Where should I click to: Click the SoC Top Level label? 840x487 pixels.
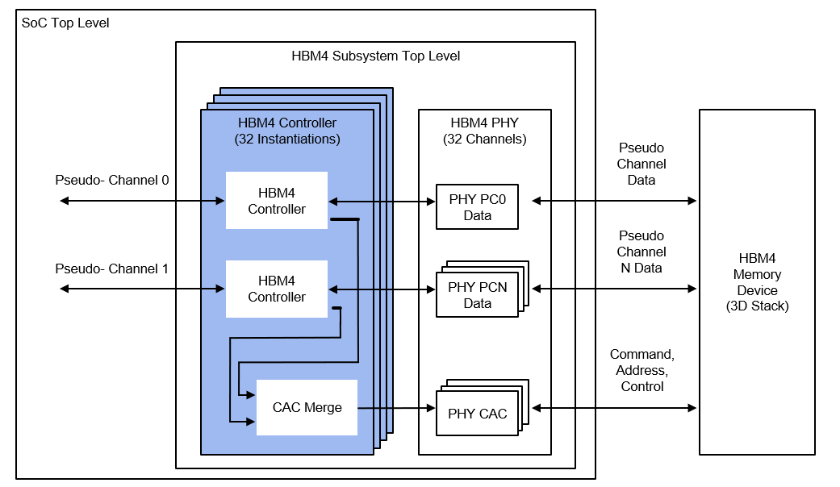click(65, 23)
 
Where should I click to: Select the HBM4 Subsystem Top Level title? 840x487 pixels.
click(375, 56)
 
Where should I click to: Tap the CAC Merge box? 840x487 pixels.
click(307, 407)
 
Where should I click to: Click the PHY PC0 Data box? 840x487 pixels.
click(477, 207)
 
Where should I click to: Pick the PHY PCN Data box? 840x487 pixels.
click(477, 295)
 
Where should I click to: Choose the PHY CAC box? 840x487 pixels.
click(477, 414)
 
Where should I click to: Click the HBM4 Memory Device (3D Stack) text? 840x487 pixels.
click(757, 282)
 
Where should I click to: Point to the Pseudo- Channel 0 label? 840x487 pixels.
click(111, 180)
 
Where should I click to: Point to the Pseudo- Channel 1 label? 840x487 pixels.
click(111, 268)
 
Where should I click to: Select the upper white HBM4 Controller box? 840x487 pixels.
click(277, 201)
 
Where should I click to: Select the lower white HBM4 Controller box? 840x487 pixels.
click(277, 289)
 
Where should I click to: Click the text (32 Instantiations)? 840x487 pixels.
click(287, 139)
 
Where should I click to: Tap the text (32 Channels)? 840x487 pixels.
click(484, 139)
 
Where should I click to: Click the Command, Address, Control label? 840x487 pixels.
click(641, 370)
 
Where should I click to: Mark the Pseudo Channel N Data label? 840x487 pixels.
click(641, 252)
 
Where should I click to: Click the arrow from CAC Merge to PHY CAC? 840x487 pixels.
click(396, 409)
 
